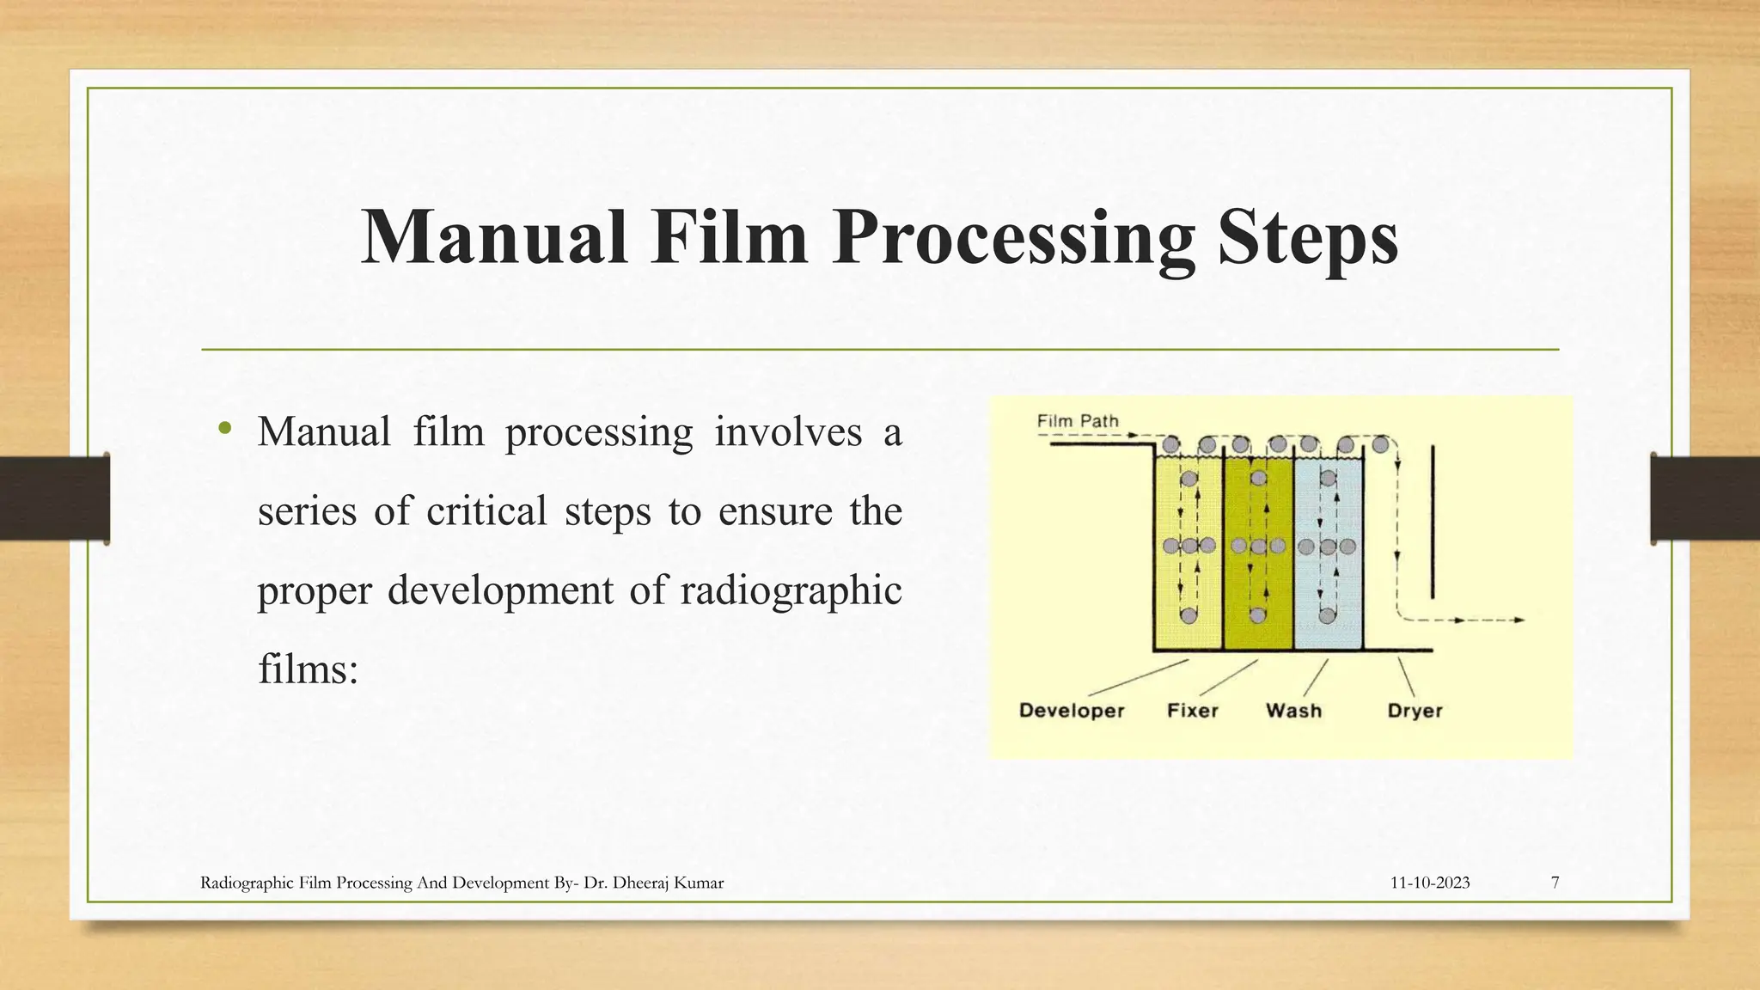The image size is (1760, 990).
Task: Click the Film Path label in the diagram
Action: tap(1078, 421)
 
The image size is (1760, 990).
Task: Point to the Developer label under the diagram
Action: tap(1072, 711)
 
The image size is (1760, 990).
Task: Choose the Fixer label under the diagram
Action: tap(1193, 711)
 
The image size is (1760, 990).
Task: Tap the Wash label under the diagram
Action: tap(1293, 711)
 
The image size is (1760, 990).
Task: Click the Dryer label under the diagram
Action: tap(1415, 711)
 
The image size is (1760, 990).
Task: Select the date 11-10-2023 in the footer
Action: tap(1430, 883)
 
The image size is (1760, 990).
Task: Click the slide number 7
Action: tap(1555, 883)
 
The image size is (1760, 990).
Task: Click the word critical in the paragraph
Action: tap(486, 511)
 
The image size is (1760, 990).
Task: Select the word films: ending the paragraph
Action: tap(308, 669)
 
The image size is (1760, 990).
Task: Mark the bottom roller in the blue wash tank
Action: tap(1328, 614)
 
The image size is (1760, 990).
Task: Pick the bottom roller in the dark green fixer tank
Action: tap(1258, 614)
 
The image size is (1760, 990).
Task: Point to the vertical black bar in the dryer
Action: tap(1433, 522)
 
